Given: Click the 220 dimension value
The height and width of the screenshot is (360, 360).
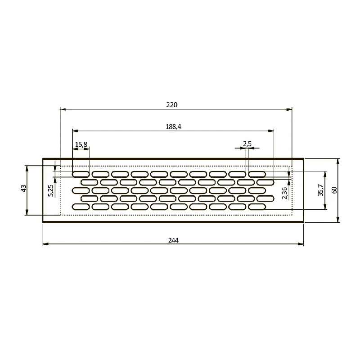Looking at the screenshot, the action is click(x=172, y=105).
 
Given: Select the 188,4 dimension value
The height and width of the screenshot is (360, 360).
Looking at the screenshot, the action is click(x=173, y=126).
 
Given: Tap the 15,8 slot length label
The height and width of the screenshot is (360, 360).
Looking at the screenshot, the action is click(x=81, y=144).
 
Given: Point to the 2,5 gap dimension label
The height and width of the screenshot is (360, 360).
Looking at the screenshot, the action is click(x=247, y=144).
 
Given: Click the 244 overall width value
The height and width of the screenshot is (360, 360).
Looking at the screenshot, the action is click(x=173, y=240).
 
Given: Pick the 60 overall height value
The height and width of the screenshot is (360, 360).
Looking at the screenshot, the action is click(x=334, y=190).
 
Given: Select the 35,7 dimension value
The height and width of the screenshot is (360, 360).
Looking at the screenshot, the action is click(x=321, y=190).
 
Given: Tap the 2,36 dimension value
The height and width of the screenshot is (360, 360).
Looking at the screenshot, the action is click(x=284, y=193).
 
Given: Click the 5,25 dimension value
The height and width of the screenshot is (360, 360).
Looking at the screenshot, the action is click(x=50, y=190).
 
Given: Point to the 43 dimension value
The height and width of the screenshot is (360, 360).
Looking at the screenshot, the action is click(x=24, y=189).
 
